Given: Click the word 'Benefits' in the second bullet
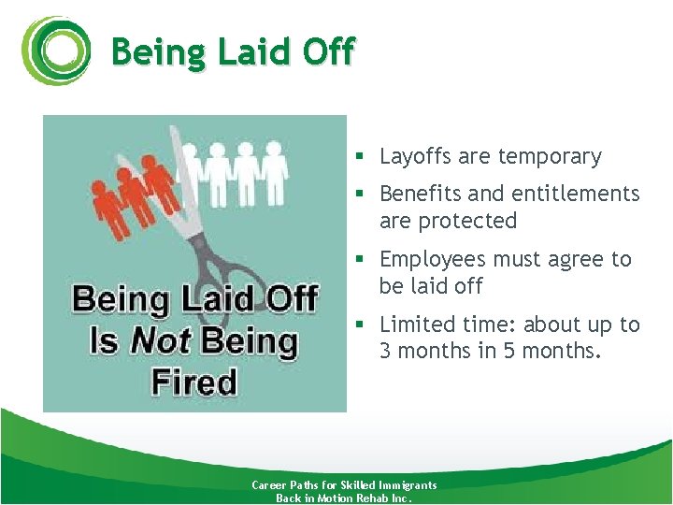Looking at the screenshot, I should tap(421, 194).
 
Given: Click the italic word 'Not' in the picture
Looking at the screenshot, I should tap(159, 341).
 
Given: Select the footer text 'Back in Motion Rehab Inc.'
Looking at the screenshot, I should tap(344, 498).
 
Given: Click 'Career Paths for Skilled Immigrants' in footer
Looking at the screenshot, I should tap(344, 485).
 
